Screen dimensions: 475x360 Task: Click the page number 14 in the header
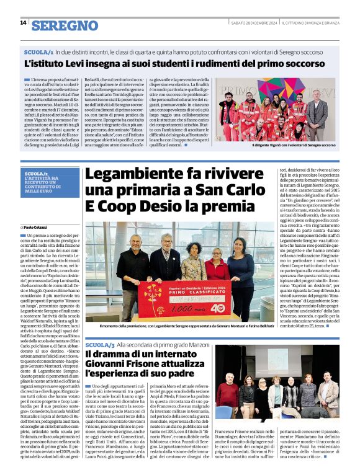[x=23, y=23]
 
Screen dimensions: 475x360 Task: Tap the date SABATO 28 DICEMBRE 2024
[x=251, y=23]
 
